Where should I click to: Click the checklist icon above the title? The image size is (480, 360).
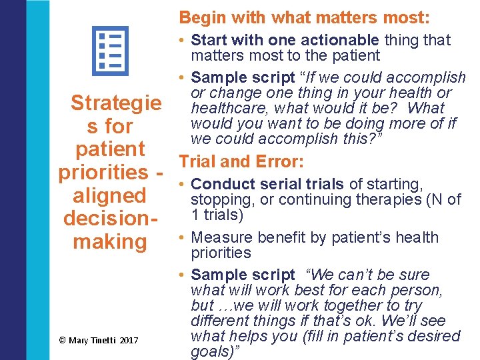[109, 52]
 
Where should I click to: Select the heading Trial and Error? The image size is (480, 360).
[241, 161]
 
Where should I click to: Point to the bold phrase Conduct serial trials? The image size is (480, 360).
[267, 184]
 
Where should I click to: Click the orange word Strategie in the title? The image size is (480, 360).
[116, 103]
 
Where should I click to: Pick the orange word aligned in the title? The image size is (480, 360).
[109, 196]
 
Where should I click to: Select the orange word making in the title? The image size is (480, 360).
[109, 241]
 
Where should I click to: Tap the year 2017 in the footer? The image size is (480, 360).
[129, 341]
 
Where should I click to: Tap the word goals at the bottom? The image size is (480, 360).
[209, 351]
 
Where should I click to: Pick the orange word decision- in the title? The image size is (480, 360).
[109, 219]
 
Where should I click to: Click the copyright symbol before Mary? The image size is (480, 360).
[62, 341]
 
